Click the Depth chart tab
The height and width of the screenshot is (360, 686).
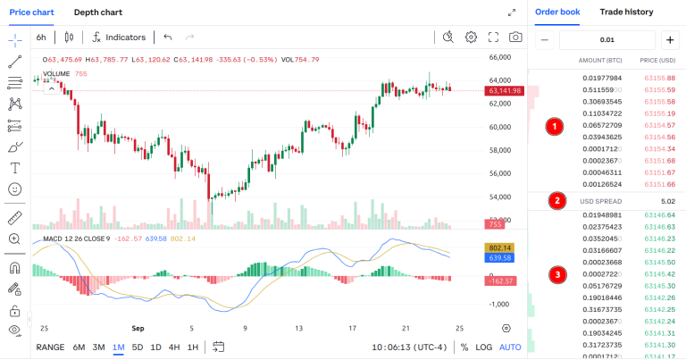click(x=98, y=13)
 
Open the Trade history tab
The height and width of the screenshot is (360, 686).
click(x=626, y=13)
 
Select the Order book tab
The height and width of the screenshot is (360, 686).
click(x=557, y=13)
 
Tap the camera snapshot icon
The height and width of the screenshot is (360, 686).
click(x=515, y=38)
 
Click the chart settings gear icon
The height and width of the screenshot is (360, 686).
click(x=471, y=38)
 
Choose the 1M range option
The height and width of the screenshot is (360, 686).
click(x=118, y=347)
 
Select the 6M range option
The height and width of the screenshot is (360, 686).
click(x=79, y=347)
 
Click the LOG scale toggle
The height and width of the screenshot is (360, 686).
click(x=483, y=347)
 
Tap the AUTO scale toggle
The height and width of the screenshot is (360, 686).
click(x=510, y=347)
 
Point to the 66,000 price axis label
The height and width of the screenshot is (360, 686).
click(x=498, y=57)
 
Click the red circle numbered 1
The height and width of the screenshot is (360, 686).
click(x=555, y=127)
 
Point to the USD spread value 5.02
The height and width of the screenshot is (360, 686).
click(x=667, y=201)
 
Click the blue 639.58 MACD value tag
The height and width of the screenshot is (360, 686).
click(x=498, y=258)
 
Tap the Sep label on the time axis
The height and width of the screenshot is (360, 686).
click(x=138, y=329)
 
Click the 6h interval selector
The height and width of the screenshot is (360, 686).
click(x=41, y=38)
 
